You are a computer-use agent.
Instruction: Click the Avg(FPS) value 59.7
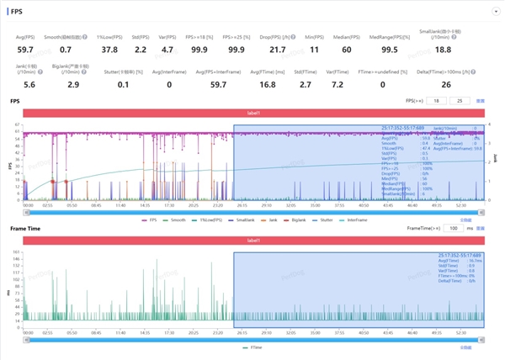[24, 50]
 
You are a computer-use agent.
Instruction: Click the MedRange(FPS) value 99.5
[389, 50]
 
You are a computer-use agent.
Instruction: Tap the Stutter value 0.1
[124, 85]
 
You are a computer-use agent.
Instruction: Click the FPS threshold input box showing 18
[437, 101]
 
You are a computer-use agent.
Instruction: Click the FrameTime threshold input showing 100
[454, 228]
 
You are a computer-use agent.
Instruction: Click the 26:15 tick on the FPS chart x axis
[242, 204]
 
